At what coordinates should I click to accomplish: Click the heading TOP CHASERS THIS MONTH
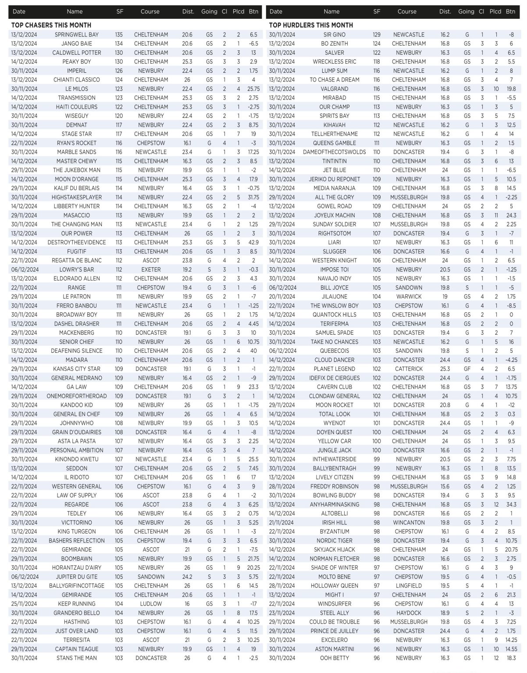[x=51, y=25]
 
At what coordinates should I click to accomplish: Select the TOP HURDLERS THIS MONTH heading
[x=311, y=25]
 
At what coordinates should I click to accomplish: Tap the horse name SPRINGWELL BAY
[x=77, y=35]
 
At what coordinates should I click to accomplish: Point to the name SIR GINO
[x=334, y=35]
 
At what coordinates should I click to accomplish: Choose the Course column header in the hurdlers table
[x=406, y=11]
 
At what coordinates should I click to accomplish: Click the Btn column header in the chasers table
[x=253, y=11]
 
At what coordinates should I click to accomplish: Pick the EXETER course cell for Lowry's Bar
[x=151, y=269]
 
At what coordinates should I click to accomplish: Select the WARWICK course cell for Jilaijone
[x=409, y=297]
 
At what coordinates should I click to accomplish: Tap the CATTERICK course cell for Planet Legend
[x=409, y=369]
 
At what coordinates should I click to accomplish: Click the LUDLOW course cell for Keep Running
[x=151, y=604]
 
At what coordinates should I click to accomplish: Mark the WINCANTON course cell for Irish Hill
[x=409, y=522]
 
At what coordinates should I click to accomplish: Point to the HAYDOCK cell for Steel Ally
[x=409, y=613]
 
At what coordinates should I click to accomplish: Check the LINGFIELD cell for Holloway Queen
[x=409, y=586]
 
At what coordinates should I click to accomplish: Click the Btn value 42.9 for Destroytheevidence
[x=253, y=242]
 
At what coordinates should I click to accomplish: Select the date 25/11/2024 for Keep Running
[x=25, y=604]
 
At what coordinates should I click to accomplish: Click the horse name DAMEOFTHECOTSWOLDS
[x=334, y=152]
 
